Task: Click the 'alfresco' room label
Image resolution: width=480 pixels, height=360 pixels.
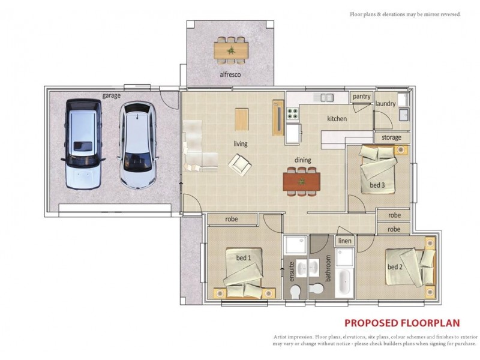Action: [x=230, y=74]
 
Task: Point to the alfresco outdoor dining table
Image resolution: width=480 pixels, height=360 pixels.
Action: [x=232, y=49]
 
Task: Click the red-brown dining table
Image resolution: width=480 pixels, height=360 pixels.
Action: [x=301, y=181]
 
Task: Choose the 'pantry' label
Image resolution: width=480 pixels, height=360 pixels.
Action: [x=361, y=96]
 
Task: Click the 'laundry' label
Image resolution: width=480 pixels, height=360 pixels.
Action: [x=385, y=104]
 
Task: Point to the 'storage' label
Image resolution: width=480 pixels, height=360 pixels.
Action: [x=391, y=138]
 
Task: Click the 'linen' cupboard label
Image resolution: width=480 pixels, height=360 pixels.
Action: [x=344, y=241]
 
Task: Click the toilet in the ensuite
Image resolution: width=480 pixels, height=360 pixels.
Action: [x=295, y=290]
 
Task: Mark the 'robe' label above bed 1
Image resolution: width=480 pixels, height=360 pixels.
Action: [x=232, y=219]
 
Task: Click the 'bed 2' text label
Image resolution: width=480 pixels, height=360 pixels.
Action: [x=394, y=267]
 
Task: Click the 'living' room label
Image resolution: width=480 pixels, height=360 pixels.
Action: [x=241, y=143]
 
